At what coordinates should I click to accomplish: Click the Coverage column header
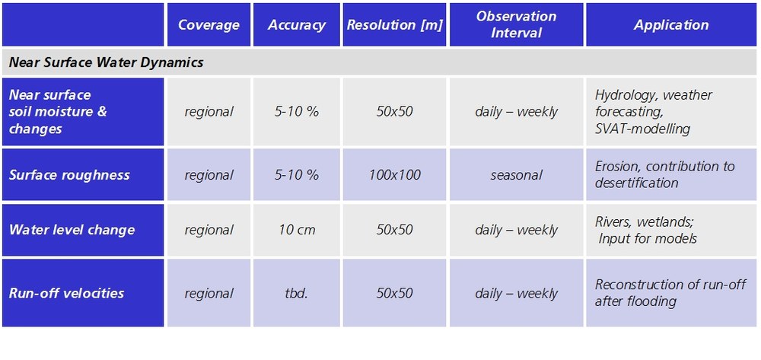[x=209, y=25]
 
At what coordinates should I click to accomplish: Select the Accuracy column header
[x=297, y=25]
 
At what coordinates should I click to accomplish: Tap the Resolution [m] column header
[x=394, y=25]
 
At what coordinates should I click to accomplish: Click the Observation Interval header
[x=516, y=25]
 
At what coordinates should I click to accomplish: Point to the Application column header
[x=671, y=25]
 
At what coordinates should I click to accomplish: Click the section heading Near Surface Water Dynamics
[x=107, y=62]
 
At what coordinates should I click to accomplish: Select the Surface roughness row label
[x=69, y=174]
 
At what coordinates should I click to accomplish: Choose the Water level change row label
[x=72, y=230]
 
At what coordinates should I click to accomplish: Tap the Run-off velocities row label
[x=66, y=293]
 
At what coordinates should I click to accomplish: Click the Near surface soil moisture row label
[x=58, y=112]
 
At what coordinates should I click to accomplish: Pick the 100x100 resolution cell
[x=394, y=174]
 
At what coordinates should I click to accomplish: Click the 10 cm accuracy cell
[x=297, y=230]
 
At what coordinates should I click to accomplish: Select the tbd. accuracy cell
[x=297, y=293]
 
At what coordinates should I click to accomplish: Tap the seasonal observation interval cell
[x=516, y=174]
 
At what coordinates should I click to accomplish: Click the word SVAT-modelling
[x=642, y=129]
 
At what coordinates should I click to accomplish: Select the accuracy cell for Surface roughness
[x=297, y=174]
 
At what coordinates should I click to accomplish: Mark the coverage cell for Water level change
[x=209, y=230]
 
